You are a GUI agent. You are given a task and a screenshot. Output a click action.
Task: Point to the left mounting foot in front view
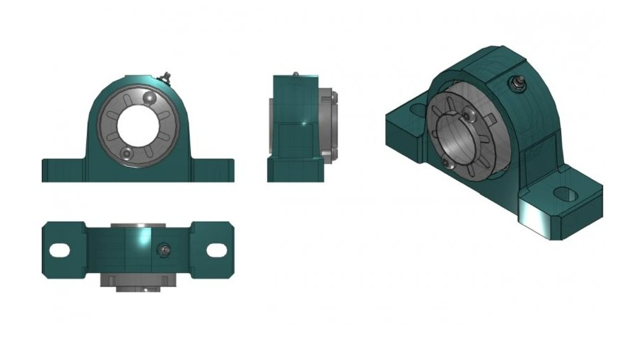(x=64, y=170)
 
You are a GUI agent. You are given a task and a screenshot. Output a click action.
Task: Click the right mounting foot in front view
(x=212, y=170)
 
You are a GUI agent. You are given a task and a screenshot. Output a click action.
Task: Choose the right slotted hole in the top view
(x=216, y=250)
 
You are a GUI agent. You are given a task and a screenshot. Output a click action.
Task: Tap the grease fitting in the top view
(x=165, y=249)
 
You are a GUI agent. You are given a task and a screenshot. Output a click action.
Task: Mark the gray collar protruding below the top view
(x=138, y=279)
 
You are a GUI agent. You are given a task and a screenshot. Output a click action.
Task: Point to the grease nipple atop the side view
(x=295, y=73)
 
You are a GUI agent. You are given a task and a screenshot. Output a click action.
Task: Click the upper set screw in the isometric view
(x=467, y=115)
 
